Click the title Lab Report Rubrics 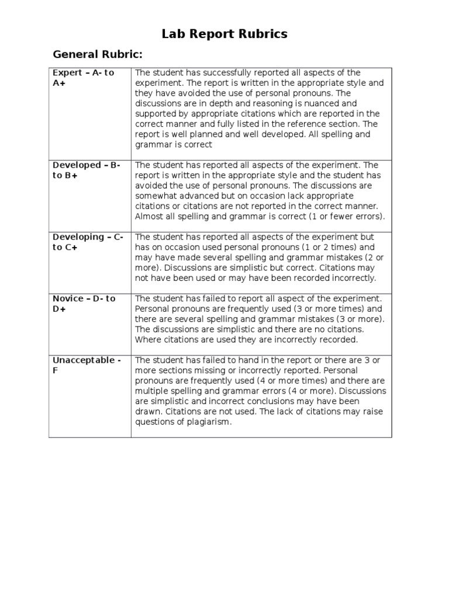pyautogui.click(x=224, y=34)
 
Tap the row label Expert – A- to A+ pyautogui.click(x=84, y=78)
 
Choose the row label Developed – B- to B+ pyautogui.click(x=87, y=170)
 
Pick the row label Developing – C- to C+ pyautogui.click(x=88, y=242)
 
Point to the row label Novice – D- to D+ pyautogui.click(x=84, y=304)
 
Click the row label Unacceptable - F pyautogui.click(x=87, y=365)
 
